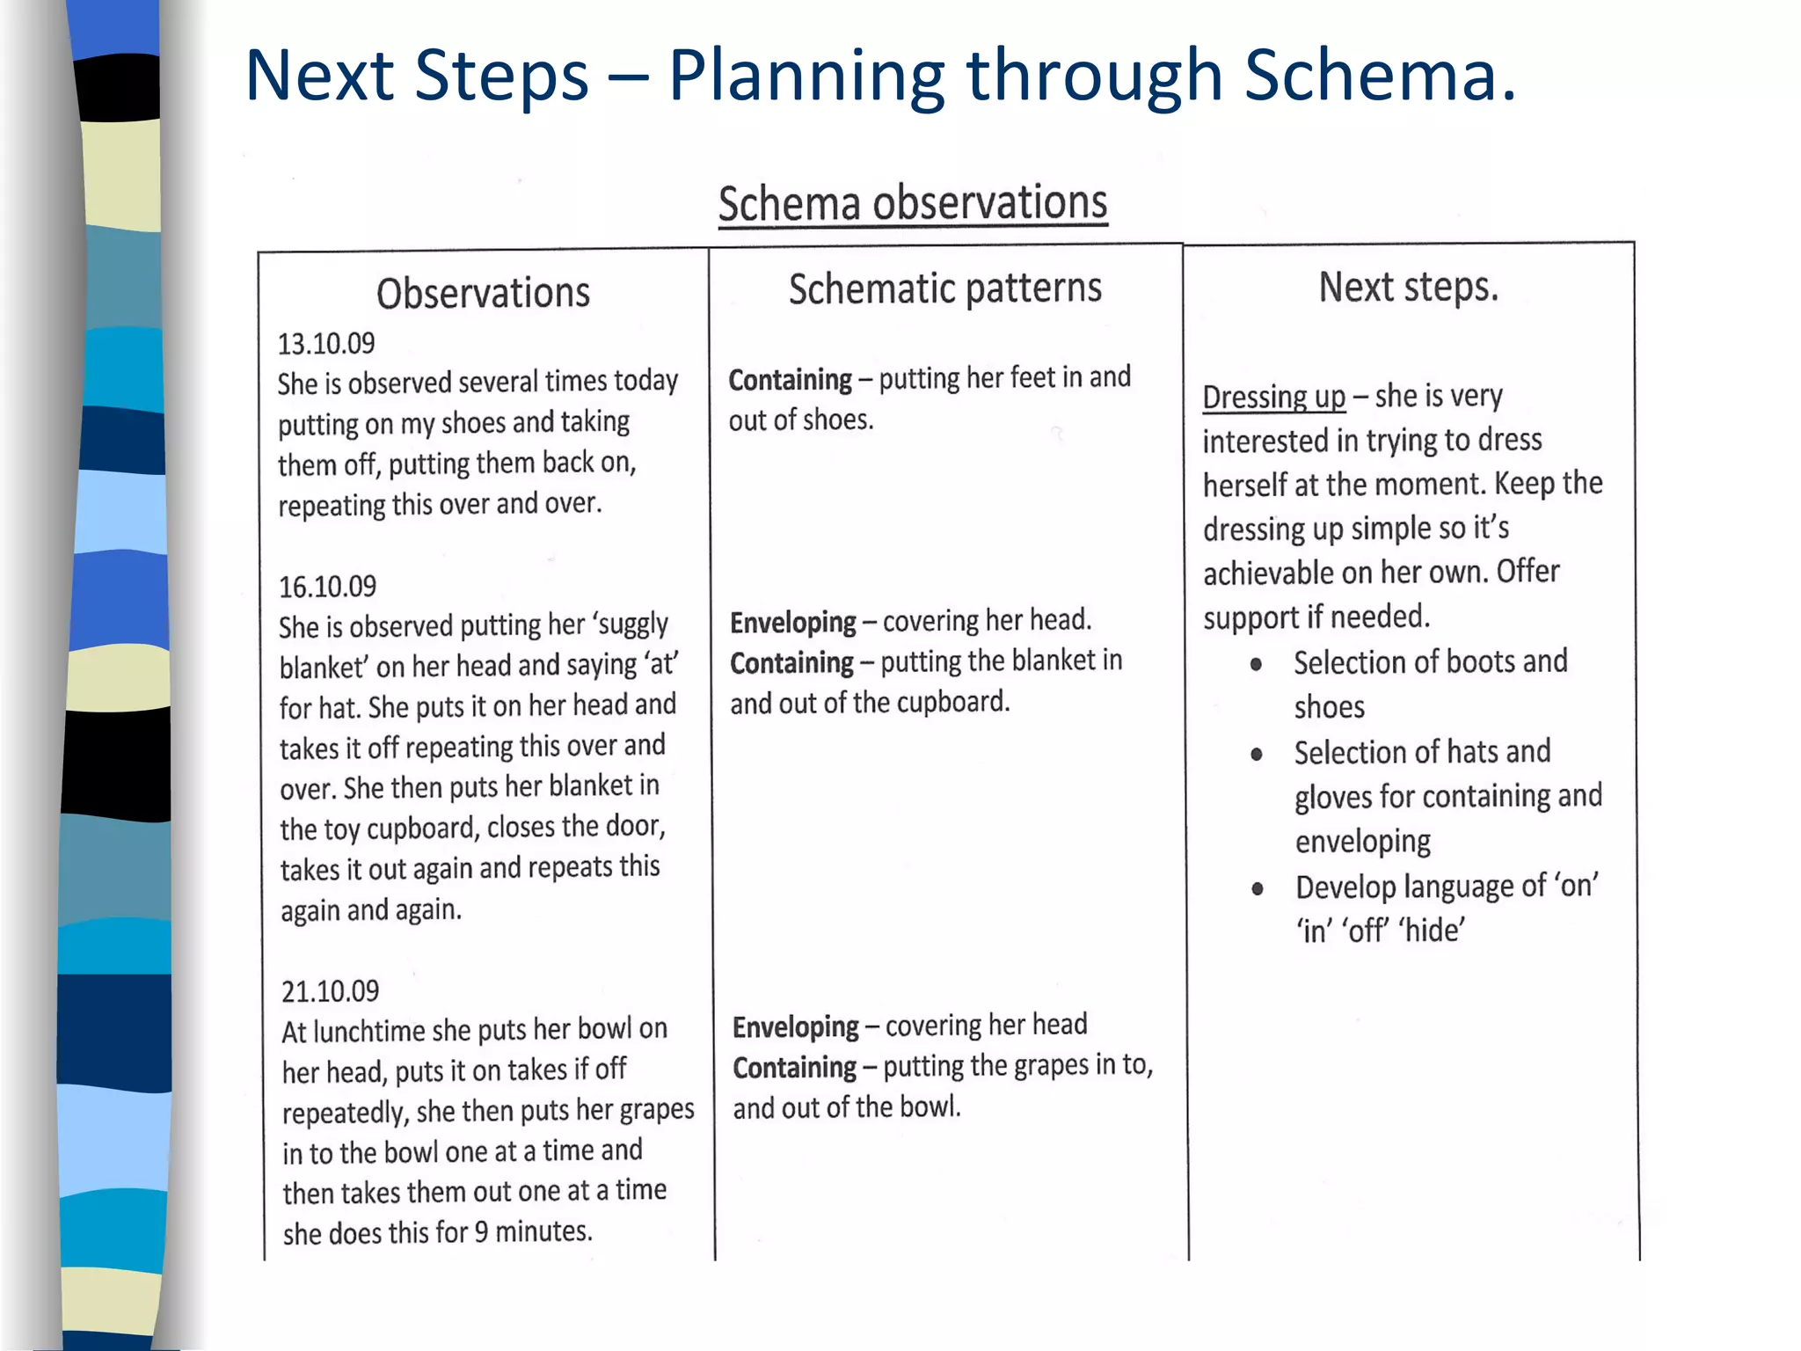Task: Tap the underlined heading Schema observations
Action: point(913,203)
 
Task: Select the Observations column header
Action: point(483,293)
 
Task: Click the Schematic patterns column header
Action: point(944,288)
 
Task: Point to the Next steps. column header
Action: point(1408,287)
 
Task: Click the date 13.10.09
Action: point(326,344)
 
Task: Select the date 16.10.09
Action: point(327,587)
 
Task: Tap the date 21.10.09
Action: point(330,991)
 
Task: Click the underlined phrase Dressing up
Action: point(1273,398)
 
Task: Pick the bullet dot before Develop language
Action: point(1258,888)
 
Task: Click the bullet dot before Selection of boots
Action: point(1257,664)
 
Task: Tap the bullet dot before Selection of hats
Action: point(1257,754)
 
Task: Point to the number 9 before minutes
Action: point(481,1231)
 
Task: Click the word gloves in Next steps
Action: point(1333,798)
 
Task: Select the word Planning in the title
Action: point(806,76)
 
